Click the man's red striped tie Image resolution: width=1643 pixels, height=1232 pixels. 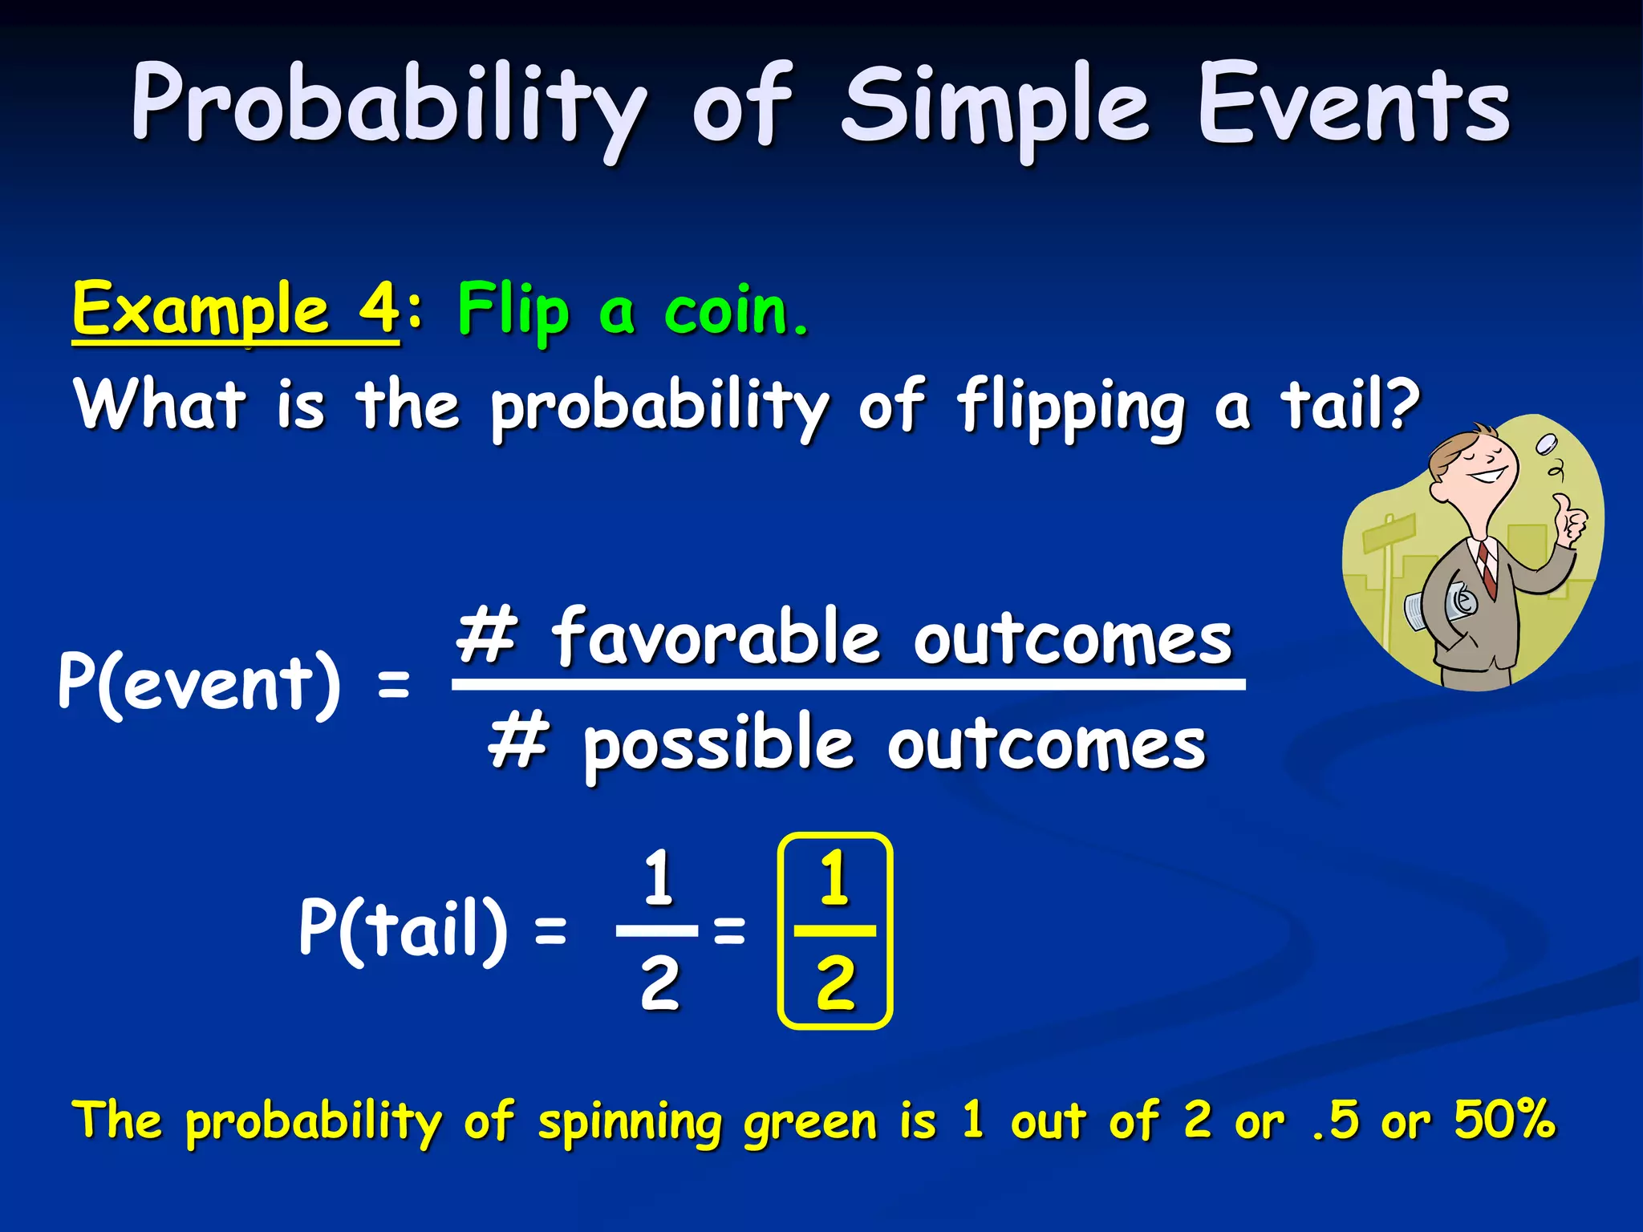pos(1487,566)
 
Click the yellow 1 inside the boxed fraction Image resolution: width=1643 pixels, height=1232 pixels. pos(834,879)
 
